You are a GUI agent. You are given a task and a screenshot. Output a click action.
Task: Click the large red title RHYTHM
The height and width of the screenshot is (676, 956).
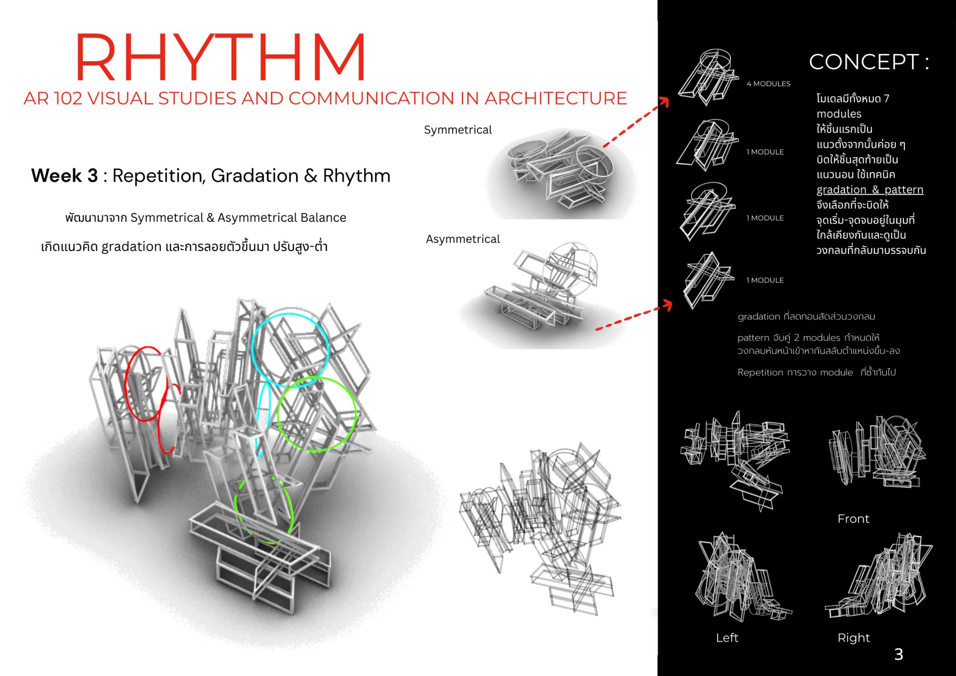pyautogui.click(x=221, y=57)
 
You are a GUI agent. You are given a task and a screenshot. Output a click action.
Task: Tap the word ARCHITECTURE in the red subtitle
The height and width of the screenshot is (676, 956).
pyautogui.click(x=555, y=98)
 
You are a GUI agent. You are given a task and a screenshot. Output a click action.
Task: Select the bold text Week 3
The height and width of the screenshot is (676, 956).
pyautogui.click(x=65, y=175)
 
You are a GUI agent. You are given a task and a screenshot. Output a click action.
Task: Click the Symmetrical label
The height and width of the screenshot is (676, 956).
pyautogui.click(x=457, y=130)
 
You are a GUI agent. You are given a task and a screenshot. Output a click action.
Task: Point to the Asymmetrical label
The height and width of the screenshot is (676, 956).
pyautogui.click(x=463, y=239)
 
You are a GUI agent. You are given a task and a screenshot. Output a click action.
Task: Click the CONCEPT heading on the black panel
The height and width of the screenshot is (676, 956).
pyautogui.click(x=869, y=62)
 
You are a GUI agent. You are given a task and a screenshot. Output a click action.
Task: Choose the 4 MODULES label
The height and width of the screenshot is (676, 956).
pyautogui.click(x=769, y=84)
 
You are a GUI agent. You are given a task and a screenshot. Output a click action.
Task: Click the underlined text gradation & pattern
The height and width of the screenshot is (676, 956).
pyautogui.click(x=870, y=190)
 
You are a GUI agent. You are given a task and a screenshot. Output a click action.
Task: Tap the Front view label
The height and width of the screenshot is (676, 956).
pyautogui.click(x=853, y=519)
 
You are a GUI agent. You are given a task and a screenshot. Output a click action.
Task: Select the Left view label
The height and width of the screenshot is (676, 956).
pyautogui.click(x=727, y=638)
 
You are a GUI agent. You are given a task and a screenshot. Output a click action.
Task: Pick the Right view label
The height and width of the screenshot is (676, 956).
pyautogui.click(x=854, y=638)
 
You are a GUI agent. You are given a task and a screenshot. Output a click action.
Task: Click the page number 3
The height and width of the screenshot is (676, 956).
pyautogui.click(x=899, y=654)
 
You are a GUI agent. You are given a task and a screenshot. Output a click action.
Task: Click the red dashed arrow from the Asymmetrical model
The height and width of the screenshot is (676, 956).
pyautogui.click(x=633, y=316)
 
